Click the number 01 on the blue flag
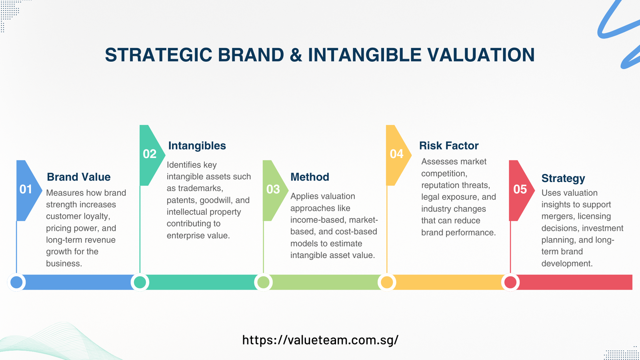coord(26,189)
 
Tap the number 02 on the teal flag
coord(150,154)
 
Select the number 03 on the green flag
coord(273,189)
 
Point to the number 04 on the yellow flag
coord(396,154)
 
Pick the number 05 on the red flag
coord(520,189)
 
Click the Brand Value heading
coord(78,177)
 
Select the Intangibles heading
coord(197,146)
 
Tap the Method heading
coord(310,177)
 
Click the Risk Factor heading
coord(448,146)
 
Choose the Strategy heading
coord(563,178)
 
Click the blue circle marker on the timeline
coord(16,282)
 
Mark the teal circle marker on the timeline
coord(140,282)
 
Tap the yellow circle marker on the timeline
coord(387,282)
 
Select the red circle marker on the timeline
coord(510,282)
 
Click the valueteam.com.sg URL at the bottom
coord(320,340)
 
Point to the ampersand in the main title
coord(296,55)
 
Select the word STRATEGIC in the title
coord(158,55)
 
